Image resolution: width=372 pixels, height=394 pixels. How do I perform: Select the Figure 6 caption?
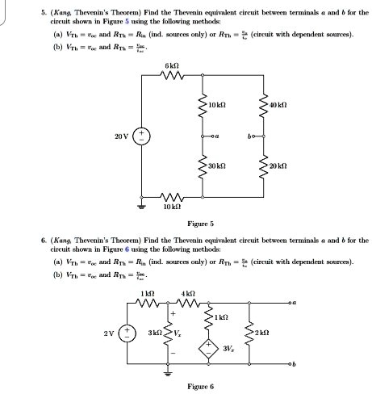(200, 386)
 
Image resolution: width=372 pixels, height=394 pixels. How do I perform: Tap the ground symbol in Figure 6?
(169, 372)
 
